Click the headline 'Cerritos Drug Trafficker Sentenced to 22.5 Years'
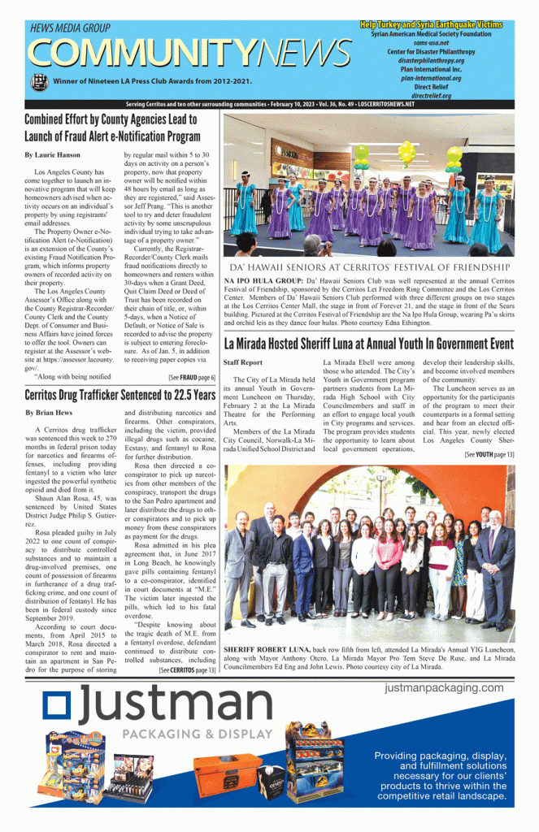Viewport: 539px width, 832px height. pos(120,396)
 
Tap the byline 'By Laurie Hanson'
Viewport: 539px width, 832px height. pos(51,154)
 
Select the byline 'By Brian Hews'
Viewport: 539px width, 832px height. pos(48,414)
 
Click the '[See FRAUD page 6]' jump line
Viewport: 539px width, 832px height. pos(192,378)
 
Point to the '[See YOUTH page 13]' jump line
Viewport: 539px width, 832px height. pos(489,455)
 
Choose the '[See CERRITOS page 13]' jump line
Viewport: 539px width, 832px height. pos(188,669)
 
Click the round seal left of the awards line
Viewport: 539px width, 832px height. pos(38,81)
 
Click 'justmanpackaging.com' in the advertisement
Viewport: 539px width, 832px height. pos(444,688)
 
